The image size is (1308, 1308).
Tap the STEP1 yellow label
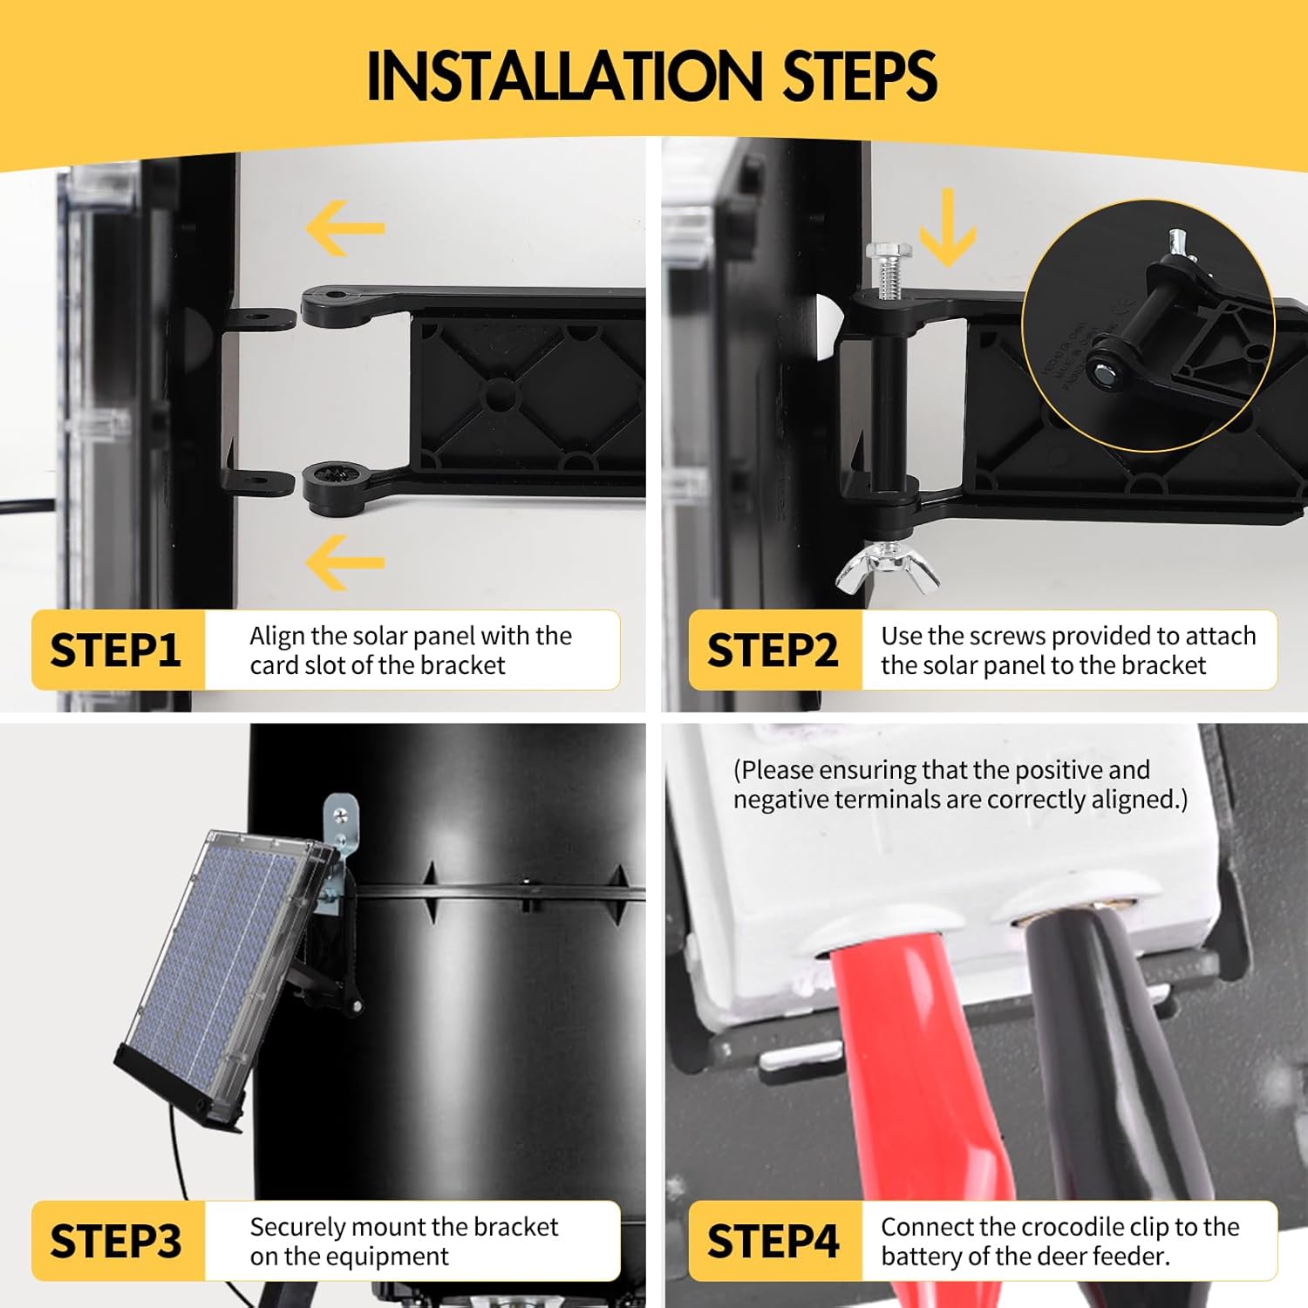click(117, 651)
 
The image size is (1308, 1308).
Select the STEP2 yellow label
click(773, 651)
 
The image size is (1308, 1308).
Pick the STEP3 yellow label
click(117, 1241)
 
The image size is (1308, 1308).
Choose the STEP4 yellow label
click(773, 1241)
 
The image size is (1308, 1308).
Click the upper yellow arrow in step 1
click(345, 228)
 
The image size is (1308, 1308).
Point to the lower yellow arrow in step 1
click(345, 562)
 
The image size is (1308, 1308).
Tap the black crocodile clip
click(1125, 1073)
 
